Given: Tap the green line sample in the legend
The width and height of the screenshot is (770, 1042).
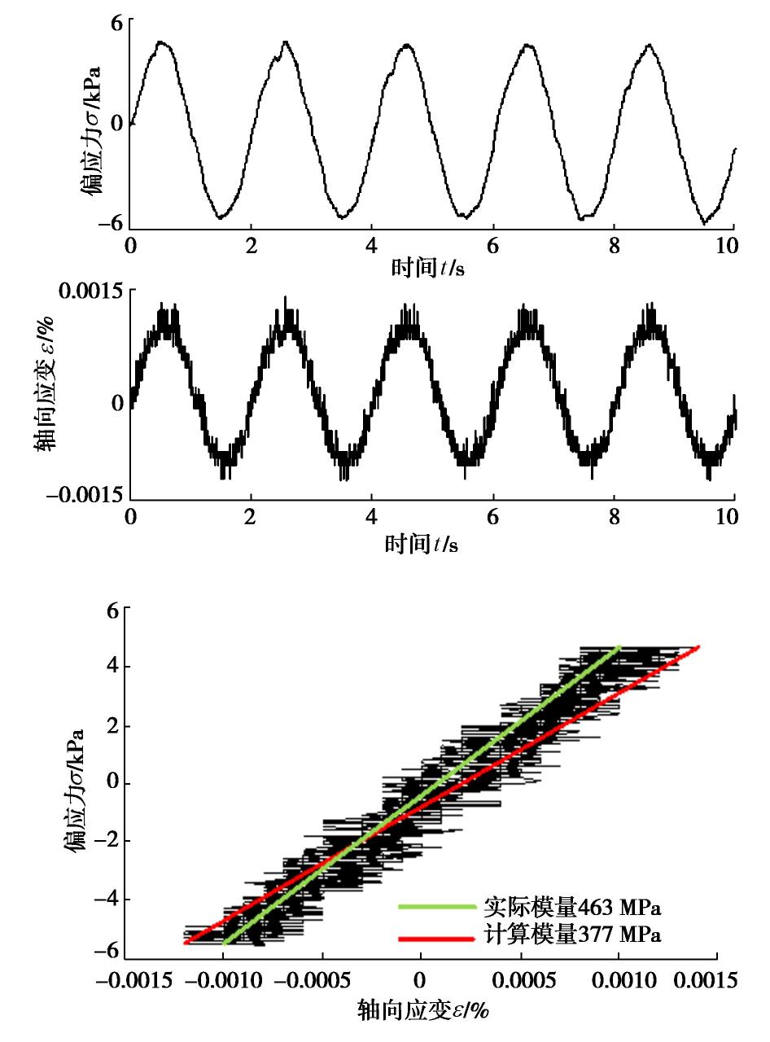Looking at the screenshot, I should coord(436,906).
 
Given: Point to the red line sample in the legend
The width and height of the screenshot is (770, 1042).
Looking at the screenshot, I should coord(436,938).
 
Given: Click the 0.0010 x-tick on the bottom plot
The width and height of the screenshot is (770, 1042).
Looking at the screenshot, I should coord(619,978).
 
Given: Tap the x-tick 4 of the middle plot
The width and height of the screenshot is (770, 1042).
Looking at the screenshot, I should coord(372,519).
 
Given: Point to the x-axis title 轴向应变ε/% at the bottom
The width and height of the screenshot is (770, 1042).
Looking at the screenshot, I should coord(422,1012).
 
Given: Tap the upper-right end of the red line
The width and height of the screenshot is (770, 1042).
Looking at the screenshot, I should coord(698,647).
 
